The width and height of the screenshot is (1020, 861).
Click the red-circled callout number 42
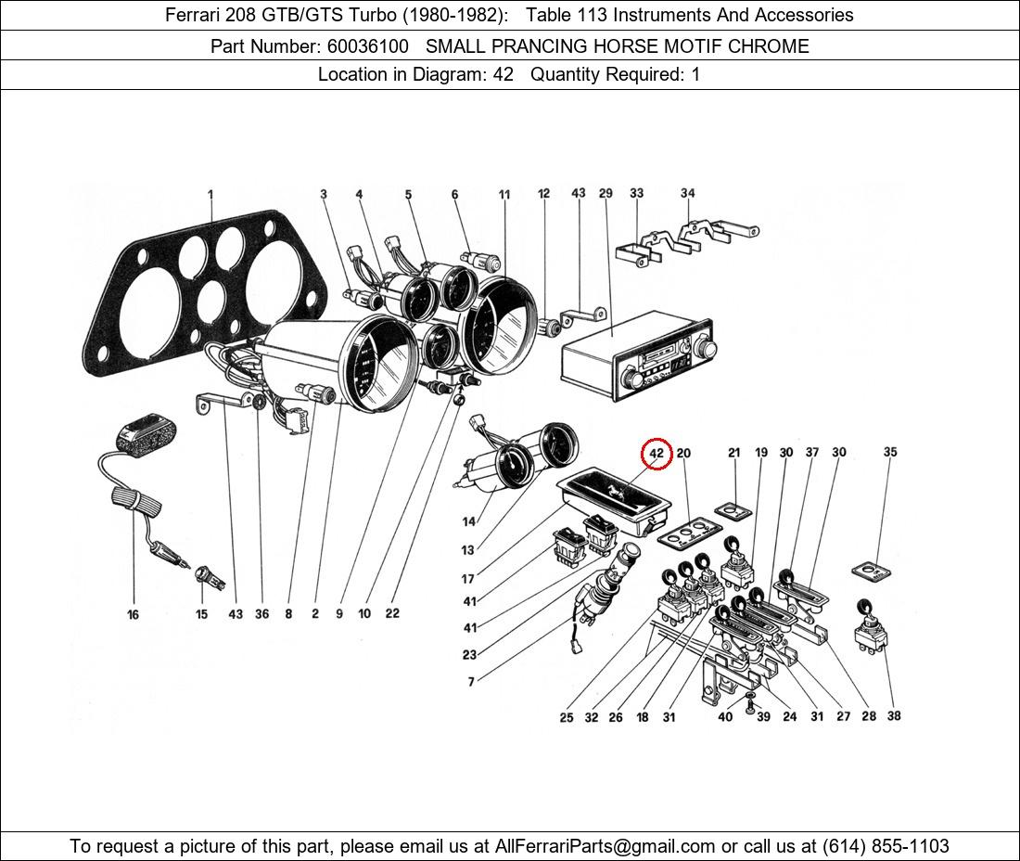657,454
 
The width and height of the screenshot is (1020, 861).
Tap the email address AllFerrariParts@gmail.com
606,846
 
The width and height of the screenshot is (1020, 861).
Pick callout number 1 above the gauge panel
210,195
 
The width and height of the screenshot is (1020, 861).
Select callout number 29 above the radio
606,194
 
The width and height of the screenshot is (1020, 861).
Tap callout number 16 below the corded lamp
134,614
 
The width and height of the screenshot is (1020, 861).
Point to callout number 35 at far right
890,453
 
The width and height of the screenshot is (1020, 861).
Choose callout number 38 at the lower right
894,715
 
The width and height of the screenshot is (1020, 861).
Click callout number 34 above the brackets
687,194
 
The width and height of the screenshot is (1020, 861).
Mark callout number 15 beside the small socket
202,614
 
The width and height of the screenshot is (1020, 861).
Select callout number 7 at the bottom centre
471,682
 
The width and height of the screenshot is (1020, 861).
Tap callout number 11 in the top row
504,195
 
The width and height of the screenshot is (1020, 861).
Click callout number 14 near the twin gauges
468,522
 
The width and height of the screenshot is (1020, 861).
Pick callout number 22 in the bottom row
392,613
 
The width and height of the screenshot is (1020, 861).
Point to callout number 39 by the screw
763,716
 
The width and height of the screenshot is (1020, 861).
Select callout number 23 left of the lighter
469,655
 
